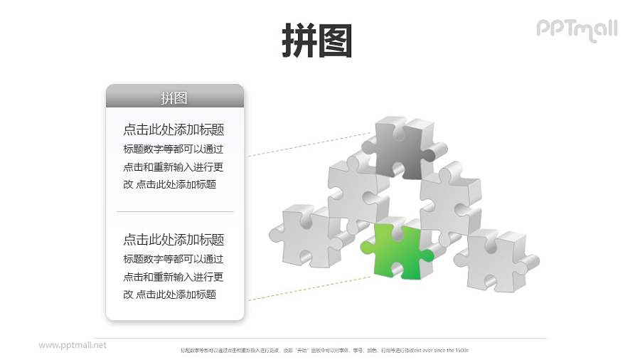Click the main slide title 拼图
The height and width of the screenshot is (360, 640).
(x=317, y=40)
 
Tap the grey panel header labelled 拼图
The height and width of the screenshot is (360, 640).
(x=174, y=97)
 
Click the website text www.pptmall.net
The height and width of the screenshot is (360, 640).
(x=73, y=345)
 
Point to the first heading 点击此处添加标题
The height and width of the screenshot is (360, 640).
(x=174, y=129)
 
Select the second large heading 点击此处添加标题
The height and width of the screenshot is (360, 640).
(x=174, y=240)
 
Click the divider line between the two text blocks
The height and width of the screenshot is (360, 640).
(x=174, y=211)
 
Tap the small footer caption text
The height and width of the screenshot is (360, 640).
(x=324, y=350)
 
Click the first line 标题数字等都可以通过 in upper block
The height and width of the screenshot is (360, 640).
(x=173, y=149)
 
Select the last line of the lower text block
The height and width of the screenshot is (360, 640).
(x=169, y=294)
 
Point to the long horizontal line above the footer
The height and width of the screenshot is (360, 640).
(x=320, y=339)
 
